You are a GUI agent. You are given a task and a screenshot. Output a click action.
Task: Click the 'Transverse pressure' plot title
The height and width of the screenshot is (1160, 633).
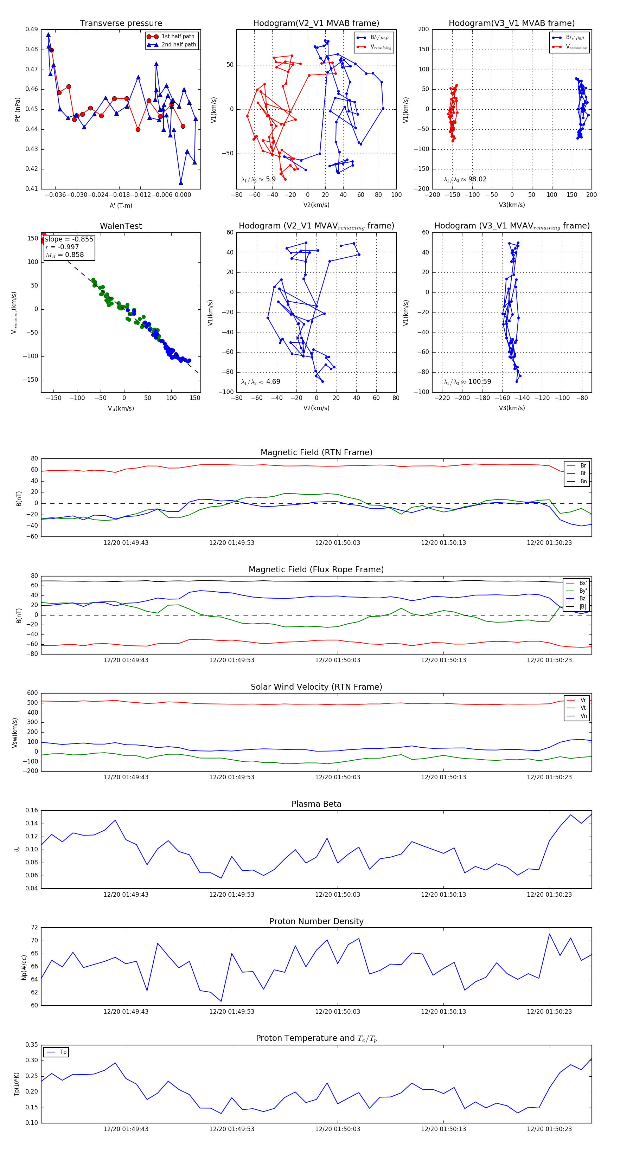tap(121, 24)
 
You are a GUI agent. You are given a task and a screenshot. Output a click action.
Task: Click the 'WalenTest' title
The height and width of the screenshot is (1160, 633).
tap(121, 226)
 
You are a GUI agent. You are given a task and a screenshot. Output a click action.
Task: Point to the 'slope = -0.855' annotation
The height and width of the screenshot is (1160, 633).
tap(69, 239)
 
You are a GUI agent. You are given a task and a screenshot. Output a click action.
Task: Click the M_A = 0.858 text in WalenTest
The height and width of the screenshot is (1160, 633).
tap(64, 255)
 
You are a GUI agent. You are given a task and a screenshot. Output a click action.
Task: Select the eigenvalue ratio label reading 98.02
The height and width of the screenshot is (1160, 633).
tap(465, 179)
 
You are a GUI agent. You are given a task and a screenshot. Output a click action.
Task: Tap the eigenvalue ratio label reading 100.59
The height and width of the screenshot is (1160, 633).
tap(467, 382)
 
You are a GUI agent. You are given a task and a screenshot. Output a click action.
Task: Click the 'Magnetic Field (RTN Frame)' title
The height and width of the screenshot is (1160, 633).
tap(316, 452)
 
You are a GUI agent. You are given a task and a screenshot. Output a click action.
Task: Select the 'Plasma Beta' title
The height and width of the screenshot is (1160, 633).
tap(316, 804)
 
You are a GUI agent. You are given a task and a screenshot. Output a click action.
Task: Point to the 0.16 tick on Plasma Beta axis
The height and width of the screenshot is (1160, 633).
tap(32, 811)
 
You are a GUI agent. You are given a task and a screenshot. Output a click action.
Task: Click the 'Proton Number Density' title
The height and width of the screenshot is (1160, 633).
tap(316, 921)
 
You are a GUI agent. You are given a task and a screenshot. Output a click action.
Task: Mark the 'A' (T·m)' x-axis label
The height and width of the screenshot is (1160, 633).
tap(121, 205)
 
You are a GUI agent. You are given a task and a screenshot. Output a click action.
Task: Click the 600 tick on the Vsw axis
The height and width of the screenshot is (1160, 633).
tap(32, 693)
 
